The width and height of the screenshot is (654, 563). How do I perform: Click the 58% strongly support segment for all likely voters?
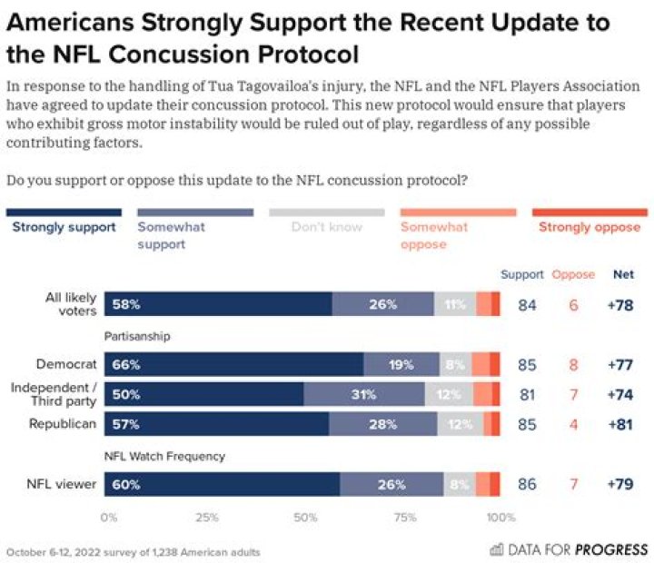pos(218,304)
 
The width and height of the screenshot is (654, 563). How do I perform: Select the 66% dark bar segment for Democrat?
pos(233,365)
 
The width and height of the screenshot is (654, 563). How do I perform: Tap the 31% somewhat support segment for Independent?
pos(363,394)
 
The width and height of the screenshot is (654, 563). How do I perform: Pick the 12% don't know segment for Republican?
pos(460,424)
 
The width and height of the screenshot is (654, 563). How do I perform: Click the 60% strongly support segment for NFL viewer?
pos(222,484)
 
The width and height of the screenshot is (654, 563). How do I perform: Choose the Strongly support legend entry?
pos(64,227)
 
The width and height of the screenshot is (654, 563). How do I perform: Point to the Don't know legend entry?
pos(327,227)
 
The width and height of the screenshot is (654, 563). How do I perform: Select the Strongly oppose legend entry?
pos(589,227)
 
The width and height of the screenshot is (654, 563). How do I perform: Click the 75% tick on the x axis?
pos(405,518)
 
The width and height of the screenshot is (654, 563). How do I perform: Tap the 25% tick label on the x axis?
pos(207,518)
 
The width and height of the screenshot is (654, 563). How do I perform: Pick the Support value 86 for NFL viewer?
pos(527,484)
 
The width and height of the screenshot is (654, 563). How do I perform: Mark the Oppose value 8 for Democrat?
pos(573,365)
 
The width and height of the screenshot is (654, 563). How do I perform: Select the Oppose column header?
pos(573,274)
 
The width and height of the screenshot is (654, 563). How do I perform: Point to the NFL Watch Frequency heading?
pos(163,456)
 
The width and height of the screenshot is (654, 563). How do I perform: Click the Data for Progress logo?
pos(569,549)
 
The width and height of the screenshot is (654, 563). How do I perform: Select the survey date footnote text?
pos(134,551)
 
